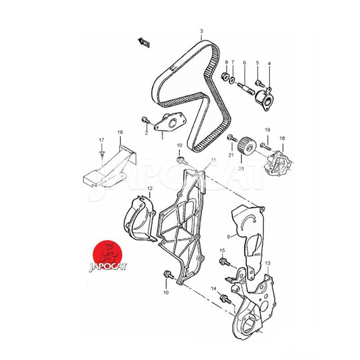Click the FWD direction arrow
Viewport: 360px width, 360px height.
(144, 43)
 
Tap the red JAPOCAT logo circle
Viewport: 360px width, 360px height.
(107, 255)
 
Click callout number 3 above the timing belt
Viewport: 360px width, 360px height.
(201, 31)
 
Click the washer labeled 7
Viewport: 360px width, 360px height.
(232, 80)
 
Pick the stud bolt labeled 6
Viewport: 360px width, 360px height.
(246, 88)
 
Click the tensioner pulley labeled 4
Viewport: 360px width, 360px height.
(265, 99)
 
